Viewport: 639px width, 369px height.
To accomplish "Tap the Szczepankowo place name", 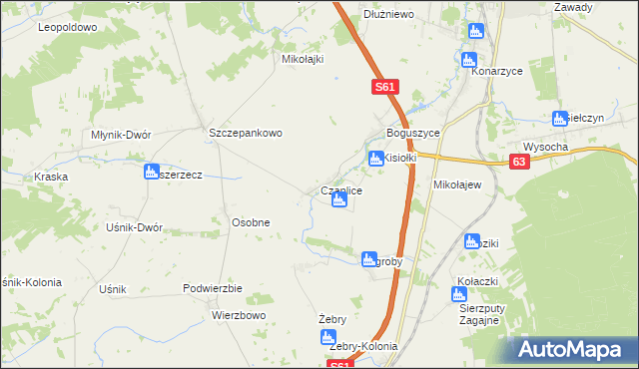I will click(x=246, y=132).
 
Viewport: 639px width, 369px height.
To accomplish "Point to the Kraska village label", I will click(x=50, y=177).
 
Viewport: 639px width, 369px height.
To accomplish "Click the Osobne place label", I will click(x=251, y=221).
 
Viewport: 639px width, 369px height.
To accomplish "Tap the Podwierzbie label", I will click(x=213, y=287).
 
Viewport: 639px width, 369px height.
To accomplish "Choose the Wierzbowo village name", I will click(x=238, y=315).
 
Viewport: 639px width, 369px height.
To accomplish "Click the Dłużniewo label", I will click(x=388, y=14).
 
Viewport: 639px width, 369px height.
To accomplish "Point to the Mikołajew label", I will click(x=457, y=185).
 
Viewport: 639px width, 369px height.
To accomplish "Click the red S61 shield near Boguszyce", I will click(x=387, y=88).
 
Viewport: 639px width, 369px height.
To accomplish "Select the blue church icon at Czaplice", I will click(x=339, y=202).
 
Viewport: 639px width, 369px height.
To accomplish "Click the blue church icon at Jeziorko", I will click(x=475, y=32).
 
